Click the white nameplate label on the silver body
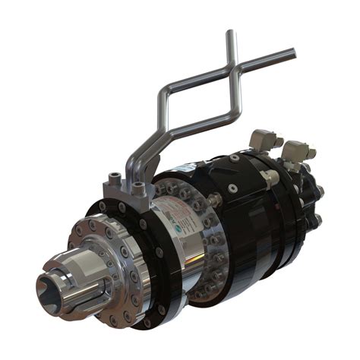(168, 220)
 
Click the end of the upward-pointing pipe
(229, 33)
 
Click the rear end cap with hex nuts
(313, 201)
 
